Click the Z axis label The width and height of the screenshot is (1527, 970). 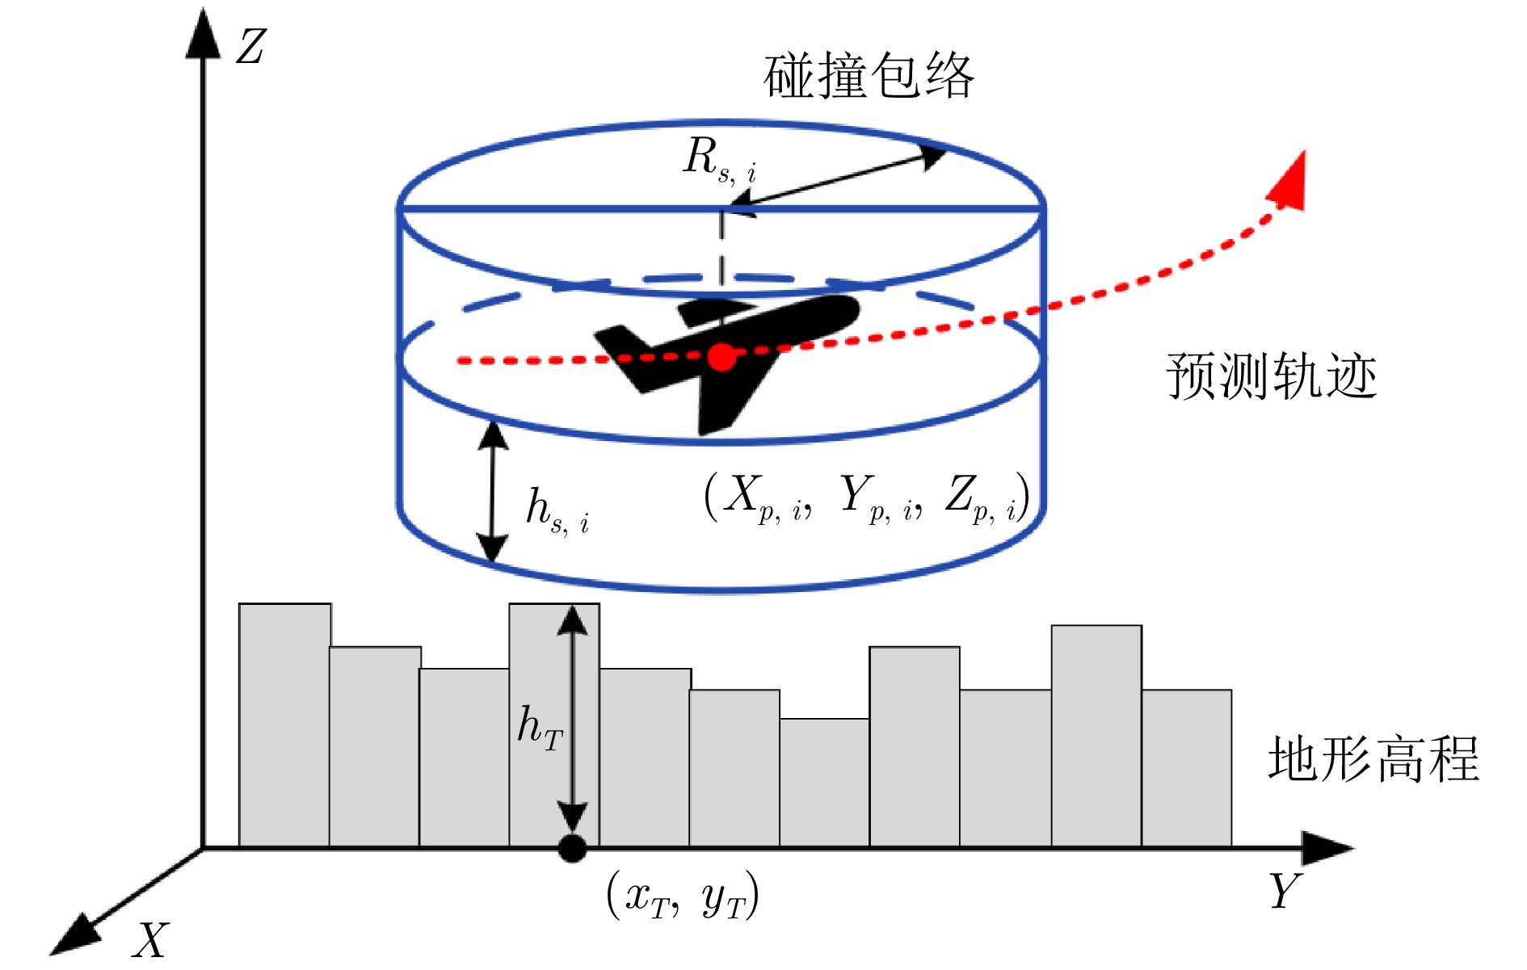[x=251, y=47]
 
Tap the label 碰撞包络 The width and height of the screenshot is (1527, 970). [x=869, y=77]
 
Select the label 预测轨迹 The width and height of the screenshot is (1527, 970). [x=1271, y=376]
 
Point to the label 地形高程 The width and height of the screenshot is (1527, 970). [x=1373, y=759]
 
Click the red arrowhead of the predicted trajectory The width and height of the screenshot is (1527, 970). [x=1289, y=183]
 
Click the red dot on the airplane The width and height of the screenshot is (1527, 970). [x=721, y=357]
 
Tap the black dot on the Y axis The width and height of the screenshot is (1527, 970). [x=572, y=848]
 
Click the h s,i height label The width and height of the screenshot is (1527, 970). [x=557, y=511]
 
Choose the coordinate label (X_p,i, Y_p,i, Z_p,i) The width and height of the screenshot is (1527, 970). [x=866, y=496]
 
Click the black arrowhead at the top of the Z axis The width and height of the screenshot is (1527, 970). [x=203, y=36]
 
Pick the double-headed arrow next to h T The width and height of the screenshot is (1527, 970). [x=573, y=719]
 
